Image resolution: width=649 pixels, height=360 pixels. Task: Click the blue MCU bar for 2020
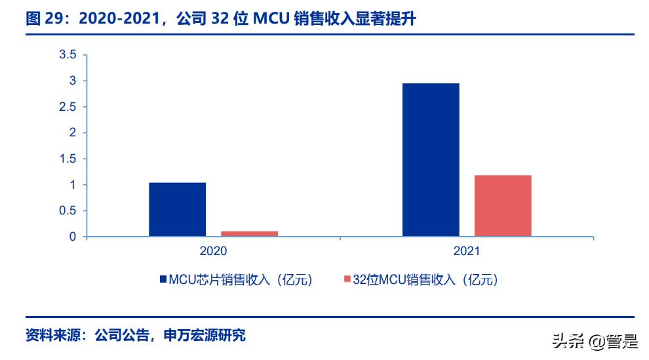(177, 209)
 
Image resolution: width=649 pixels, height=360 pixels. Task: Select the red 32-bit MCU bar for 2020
(248, 233)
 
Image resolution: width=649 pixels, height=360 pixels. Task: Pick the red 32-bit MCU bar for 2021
(503, 205)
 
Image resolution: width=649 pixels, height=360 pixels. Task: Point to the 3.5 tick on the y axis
(68, 54)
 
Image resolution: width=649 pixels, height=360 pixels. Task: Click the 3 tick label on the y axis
(73, 81)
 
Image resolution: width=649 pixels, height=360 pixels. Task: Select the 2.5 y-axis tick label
(68, 107)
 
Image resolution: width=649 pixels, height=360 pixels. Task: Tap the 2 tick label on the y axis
(73, 132)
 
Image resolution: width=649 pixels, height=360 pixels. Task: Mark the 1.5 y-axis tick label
(68, 159)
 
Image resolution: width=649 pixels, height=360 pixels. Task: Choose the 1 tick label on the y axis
(73, 185)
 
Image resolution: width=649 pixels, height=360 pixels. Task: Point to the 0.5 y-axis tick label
(68, 210)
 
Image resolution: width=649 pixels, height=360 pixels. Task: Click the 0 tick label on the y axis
(73, 237)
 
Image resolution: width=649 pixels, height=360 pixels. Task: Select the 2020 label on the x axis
(212, 251)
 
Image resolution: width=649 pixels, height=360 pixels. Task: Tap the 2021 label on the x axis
(466, 251)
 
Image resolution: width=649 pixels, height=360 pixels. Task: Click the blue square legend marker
(163, 280)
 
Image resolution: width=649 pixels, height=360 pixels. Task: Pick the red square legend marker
(347, 280)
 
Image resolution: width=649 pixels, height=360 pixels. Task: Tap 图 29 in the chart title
(42, 20)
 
